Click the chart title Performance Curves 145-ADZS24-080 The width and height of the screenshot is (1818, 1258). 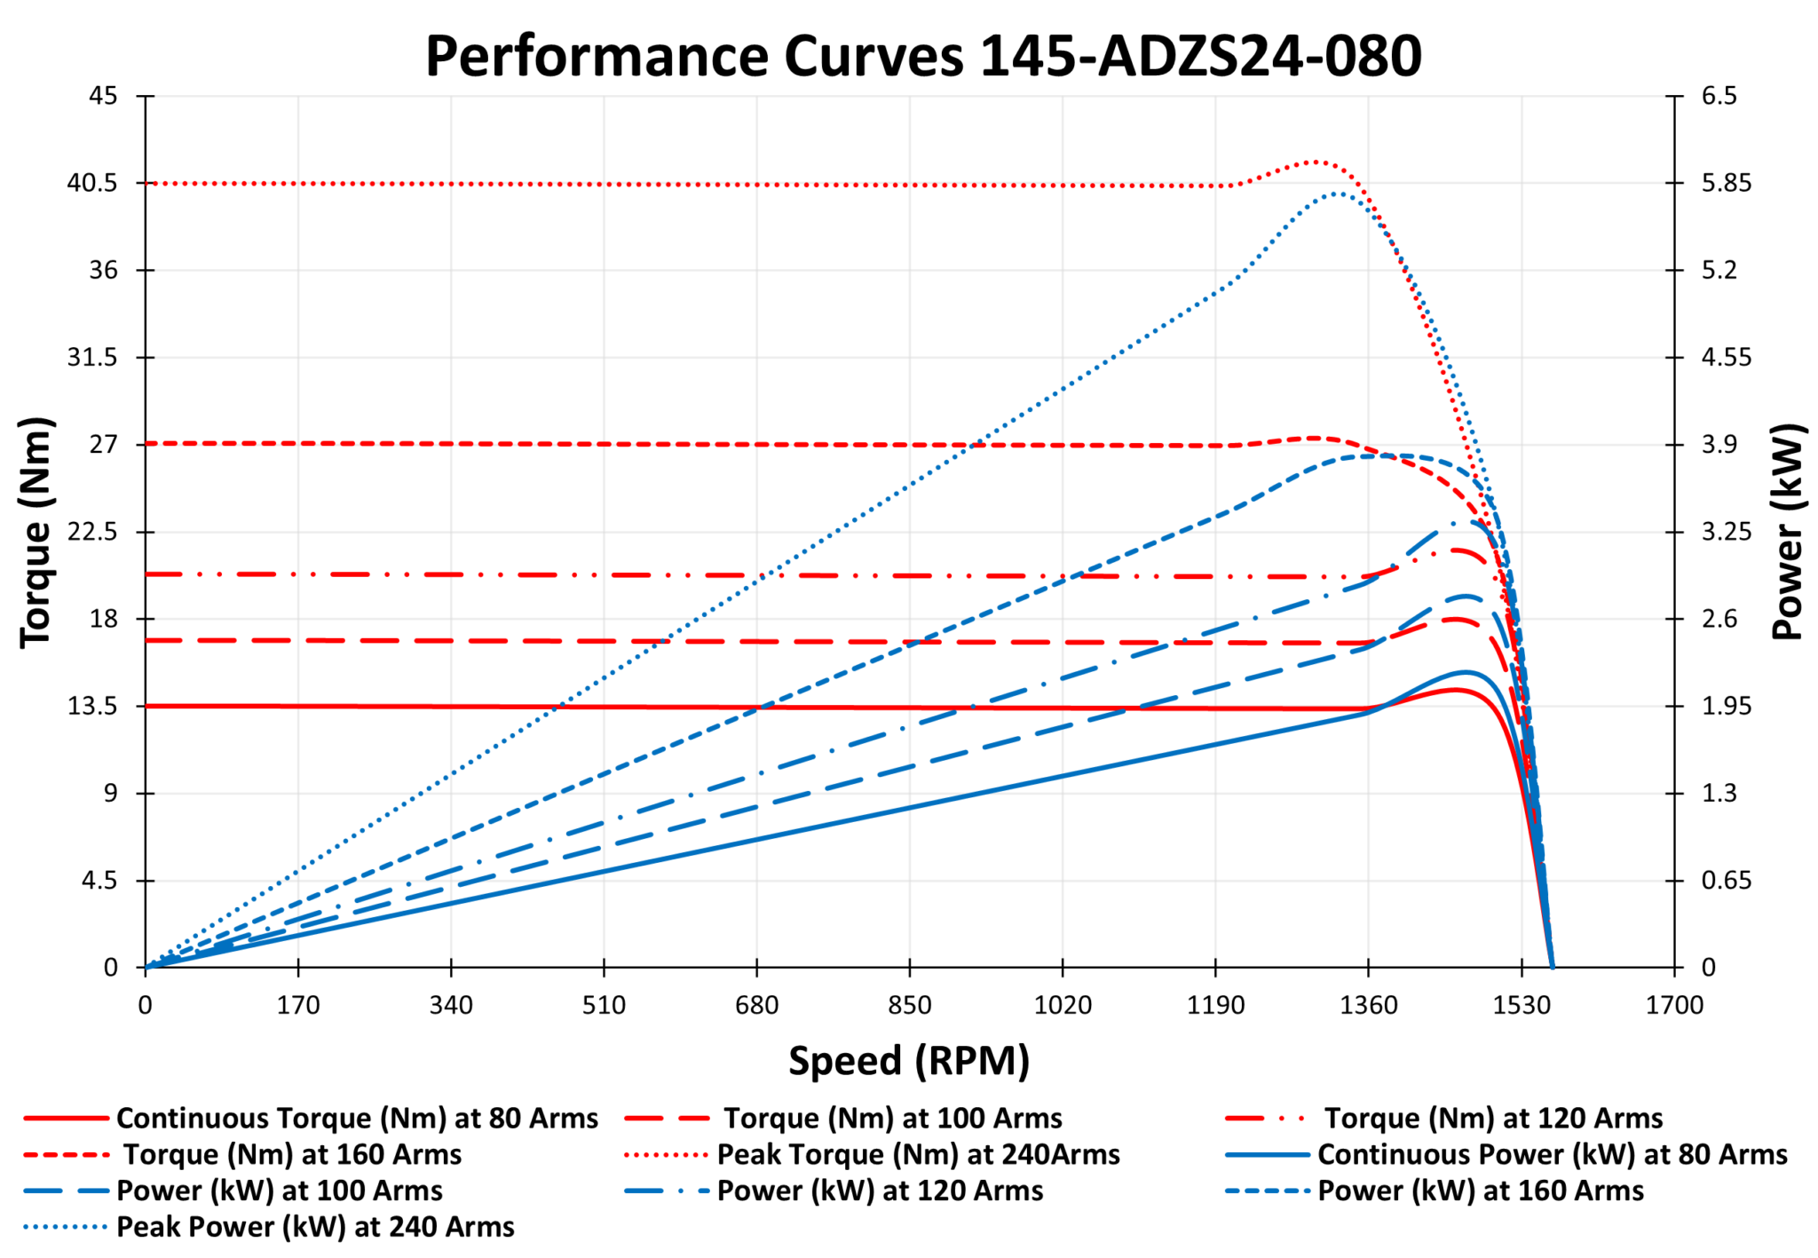tap(923, 56)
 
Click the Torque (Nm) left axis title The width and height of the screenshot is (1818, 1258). tap(36, 532)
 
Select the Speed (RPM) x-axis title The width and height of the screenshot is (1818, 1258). tap(909, 1060)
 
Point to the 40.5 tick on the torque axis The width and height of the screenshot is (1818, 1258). tap(92, 183)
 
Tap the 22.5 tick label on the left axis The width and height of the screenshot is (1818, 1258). tap(92, 532)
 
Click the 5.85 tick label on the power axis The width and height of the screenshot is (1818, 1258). tap(1727, 183)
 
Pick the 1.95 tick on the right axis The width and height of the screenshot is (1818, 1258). tap(1727, 706)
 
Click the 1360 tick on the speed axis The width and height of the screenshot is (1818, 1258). tap(1368, 1006)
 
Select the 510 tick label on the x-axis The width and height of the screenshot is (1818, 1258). tap(604, 1006)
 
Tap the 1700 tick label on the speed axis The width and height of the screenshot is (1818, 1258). tap(1674, 1006)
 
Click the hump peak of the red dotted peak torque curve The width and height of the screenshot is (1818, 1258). tap(1316, 162)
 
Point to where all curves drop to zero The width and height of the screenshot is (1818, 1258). tap(1553, 967)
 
